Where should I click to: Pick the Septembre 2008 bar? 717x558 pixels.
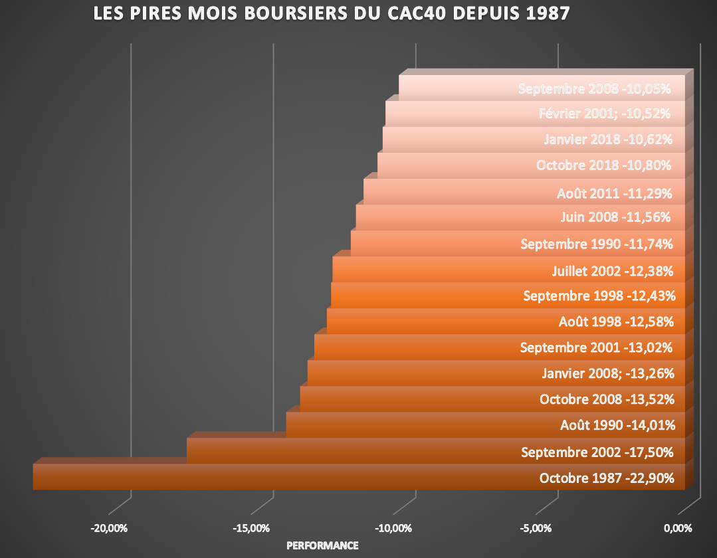459,88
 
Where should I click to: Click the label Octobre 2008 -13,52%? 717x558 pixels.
607,399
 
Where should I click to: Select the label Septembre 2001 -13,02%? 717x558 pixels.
597,347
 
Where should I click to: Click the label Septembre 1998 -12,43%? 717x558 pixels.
599,296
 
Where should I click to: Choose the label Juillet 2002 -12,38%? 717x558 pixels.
613,270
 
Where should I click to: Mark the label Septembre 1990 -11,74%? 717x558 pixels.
597,244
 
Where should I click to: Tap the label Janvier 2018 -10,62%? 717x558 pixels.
608,139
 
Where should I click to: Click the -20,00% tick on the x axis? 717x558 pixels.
109,529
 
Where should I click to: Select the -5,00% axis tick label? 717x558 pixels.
535,529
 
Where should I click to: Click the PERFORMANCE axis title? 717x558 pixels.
322,545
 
